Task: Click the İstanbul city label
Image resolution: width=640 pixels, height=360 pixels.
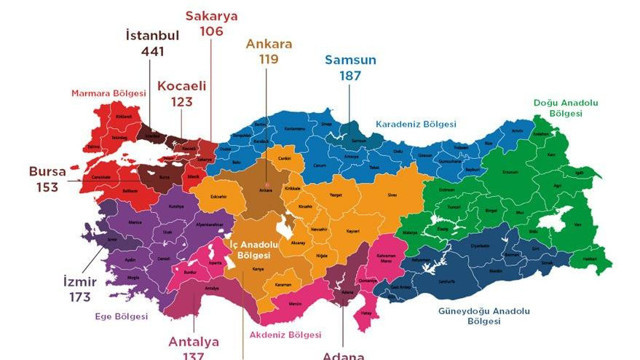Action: click(152, 35)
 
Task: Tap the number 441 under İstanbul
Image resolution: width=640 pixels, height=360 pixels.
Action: click(152, 52)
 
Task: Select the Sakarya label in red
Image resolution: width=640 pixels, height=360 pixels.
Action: click(211, 14)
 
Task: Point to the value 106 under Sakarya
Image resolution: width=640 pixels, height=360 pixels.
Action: click(211, 31)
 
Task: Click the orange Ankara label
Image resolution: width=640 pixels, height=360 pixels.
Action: click(268, 44)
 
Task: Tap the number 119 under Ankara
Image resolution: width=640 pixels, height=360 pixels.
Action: click(268, 60)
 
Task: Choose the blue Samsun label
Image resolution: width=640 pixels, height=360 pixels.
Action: click(350, 59)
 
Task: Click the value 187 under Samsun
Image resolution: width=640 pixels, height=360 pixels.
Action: click(350, 76)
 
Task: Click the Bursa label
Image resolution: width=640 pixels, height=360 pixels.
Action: click(46, 171)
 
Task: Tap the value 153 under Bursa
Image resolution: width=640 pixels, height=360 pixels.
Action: click(46, 188)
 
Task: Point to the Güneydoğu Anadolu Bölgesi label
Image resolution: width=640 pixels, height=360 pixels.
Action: click(482, 316)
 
